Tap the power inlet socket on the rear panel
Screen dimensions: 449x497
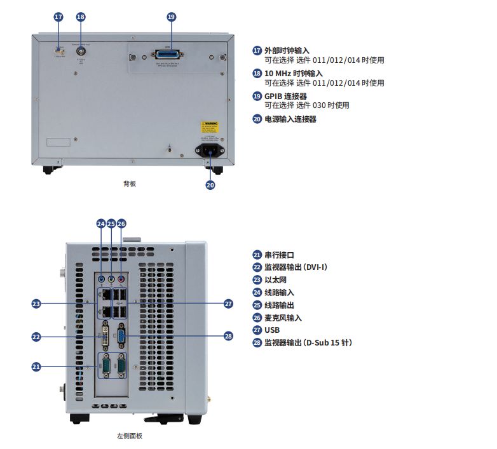point(210,151)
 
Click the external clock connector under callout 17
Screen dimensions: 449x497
point(58,50)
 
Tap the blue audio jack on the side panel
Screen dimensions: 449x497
point(102,278)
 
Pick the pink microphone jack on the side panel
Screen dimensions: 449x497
point(121,278)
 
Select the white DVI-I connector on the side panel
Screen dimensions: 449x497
point(105,337)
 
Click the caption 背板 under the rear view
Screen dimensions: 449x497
point(130,184)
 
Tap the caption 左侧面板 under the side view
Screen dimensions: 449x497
point(130,436)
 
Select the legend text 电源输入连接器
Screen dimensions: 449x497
point(290,119)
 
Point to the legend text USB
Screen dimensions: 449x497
point(272,330)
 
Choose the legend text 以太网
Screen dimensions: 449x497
point(275,279)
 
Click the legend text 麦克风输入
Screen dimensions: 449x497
point(283,318)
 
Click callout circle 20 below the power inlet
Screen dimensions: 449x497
point(210,185)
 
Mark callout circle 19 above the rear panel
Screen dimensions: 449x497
point(171,17)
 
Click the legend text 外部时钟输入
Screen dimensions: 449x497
point(287,50)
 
